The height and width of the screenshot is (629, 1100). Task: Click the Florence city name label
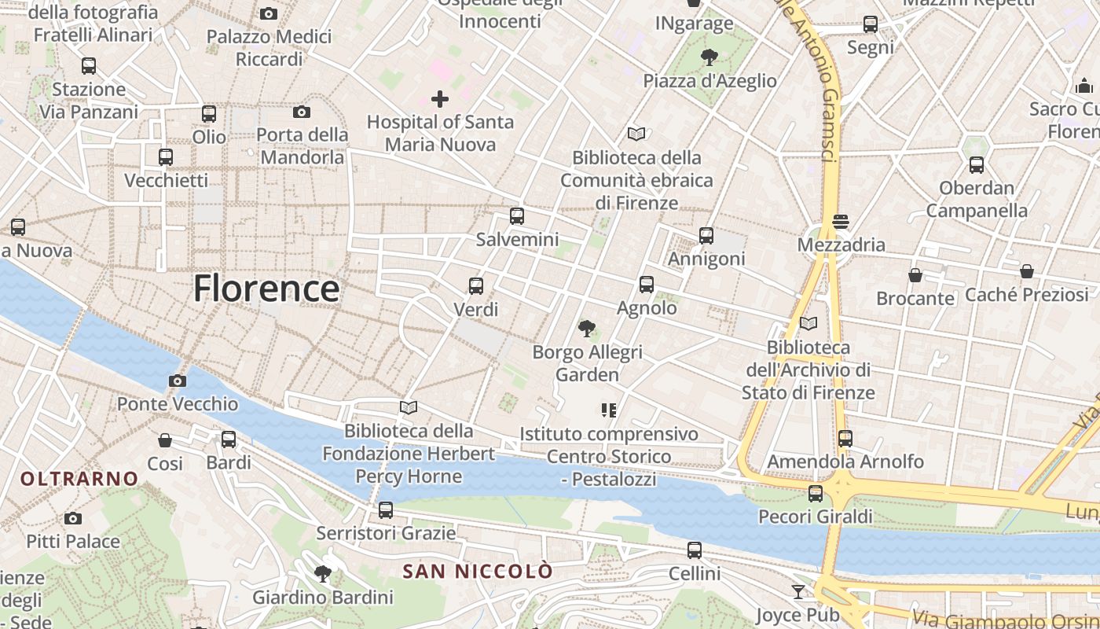coord(266,288)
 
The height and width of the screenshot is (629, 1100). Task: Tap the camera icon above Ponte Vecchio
coord(178,381)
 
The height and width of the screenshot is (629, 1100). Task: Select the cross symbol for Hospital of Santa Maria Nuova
coord(440,99)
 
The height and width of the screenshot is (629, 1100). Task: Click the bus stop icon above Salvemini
coord(517,216)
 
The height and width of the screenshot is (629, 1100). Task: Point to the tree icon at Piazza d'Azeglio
coord(709,57)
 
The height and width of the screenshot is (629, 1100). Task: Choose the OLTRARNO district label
coord(79,478)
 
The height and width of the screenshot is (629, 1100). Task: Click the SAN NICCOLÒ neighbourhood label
coord(478,572)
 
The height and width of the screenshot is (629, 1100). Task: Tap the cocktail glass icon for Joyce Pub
coord(798,591)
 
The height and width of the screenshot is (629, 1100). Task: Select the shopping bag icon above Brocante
coord(915,275)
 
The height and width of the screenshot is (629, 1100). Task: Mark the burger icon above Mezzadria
coord(841,222)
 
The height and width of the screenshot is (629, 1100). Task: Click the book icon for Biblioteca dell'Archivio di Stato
coord(808,323)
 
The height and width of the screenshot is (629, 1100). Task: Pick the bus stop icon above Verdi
coord(476,286)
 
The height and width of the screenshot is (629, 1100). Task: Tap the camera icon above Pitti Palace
coord(73,518)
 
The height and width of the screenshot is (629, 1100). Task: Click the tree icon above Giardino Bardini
coord(322,574)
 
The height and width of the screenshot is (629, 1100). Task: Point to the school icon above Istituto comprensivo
coord(609,410)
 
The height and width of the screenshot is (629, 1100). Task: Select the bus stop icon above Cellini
coord(695,550)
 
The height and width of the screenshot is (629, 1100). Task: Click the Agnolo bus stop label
coord(647,307)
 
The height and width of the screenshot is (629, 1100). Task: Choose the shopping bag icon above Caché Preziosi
coord(1027,272)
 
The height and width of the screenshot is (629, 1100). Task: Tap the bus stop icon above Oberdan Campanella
coord(977,165)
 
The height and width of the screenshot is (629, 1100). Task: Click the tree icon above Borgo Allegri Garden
coord(587,329)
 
